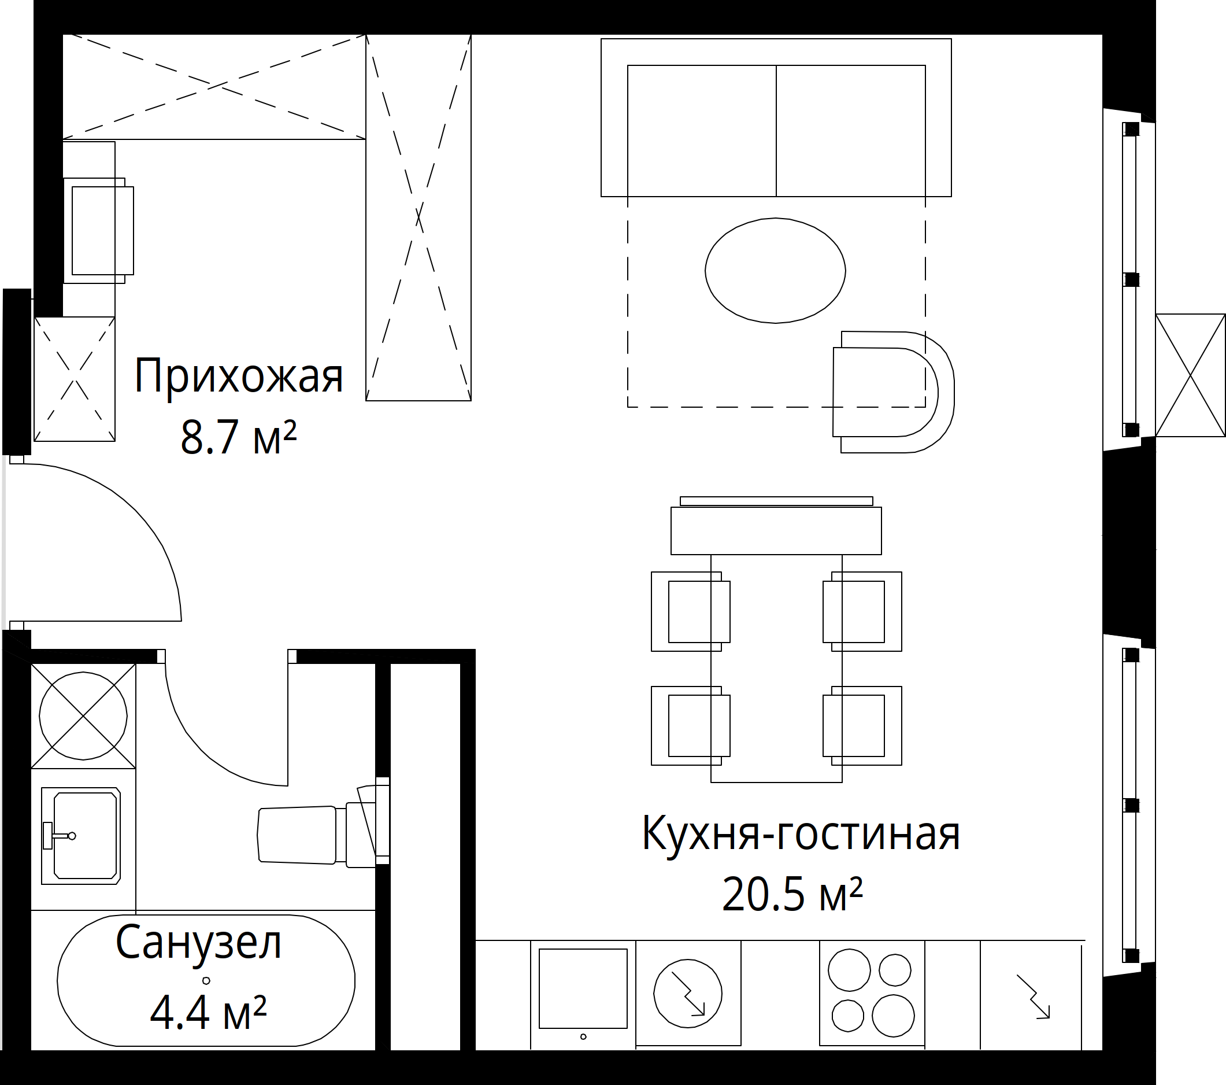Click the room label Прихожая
click(238, 377)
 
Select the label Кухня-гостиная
click(801, 834)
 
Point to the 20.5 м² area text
click(792, 894)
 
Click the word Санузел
click(198, 943)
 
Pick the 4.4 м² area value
click(208, 1012)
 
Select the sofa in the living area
click(776, 117)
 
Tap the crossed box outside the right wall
click(1190, 375)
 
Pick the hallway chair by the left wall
click(99, 230)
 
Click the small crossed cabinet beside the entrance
click(75, 379)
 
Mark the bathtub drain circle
click(206, 980)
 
